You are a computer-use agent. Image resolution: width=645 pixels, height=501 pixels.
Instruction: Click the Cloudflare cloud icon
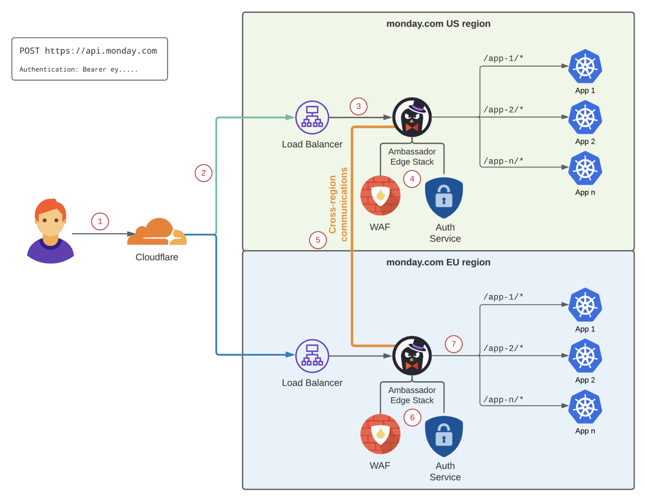point(157,232)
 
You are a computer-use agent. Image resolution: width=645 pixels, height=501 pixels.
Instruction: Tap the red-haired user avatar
point(50,231)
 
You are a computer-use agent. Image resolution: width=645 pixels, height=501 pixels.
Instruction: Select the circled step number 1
point(100,221)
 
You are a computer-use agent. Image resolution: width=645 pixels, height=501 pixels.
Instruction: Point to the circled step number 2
point(204,173)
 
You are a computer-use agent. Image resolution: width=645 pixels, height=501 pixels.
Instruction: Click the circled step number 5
point(318,240)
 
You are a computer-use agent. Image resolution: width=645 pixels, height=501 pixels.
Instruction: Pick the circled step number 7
point(454,344)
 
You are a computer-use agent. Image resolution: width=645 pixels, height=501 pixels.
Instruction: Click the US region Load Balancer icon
point(312,117)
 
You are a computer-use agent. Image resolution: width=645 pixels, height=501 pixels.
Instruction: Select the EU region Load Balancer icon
point(312,356)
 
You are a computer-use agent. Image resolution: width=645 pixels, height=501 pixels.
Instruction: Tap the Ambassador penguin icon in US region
point(412,117)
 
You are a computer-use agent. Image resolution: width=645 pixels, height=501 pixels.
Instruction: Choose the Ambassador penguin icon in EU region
point(412,356)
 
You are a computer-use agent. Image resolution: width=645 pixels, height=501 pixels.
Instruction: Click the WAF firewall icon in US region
point(380,196)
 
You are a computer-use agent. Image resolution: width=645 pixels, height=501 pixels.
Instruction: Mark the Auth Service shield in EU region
point(444,436)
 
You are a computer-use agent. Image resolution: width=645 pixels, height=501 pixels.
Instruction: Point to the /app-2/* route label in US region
point(503,110)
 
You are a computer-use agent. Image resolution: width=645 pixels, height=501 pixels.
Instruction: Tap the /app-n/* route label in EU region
point(503,400)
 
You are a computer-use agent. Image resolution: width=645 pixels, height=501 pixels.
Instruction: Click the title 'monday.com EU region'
point(438,262)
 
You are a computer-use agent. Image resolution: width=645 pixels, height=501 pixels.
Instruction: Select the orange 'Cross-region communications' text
point(338,205)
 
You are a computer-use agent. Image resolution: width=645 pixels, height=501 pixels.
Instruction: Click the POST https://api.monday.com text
point(88,51)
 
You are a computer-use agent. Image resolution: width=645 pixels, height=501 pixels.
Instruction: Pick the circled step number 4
point(412,179)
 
